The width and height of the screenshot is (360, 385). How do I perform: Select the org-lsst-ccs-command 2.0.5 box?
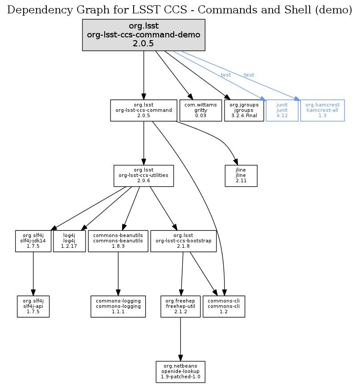[x=143, y=110]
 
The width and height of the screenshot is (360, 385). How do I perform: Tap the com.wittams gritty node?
[x=200, y=110]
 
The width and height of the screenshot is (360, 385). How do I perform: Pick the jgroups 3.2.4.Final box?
[x=244, y=110]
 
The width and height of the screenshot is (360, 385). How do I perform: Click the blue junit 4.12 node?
[x=282, y=110]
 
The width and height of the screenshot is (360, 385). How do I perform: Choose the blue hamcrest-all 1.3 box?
[x=322, y=110]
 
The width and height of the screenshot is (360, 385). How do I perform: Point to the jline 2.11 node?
[x=235, y=176]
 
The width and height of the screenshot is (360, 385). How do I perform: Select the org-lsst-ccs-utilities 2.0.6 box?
[x=143, y=175]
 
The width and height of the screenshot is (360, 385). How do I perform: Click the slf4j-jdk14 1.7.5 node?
[x=33, y=241]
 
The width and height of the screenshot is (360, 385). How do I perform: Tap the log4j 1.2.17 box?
[x=69, y=241]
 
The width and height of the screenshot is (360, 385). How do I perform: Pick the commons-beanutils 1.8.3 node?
[x=118, y=241]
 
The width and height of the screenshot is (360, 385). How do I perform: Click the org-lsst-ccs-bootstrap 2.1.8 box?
[x=184, y=241]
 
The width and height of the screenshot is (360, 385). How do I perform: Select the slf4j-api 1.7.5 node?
[x=33, y=306]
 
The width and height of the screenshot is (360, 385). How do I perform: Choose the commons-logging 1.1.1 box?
[x=118, y=306]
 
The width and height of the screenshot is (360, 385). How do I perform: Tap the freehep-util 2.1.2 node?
[x=180, y=306]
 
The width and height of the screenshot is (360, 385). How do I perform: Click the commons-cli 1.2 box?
[x=224, y=306]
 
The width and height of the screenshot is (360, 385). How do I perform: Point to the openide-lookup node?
[x=180, y=372]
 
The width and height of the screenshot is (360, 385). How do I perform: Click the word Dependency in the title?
[x=34, y=10]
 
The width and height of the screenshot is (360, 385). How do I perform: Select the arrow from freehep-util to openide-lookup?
[x=180, y=339]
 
